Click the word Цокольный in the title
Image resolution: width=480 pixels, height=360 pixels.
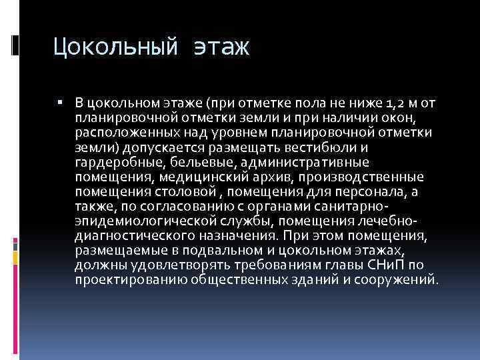(114, 47)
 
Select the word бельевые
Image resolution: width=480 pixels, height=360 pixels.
(190, 162)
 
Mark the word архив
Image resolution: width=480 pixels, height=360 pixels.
(272, 177)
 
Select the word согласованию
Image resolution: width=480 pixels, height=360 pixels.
(163, 207)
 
